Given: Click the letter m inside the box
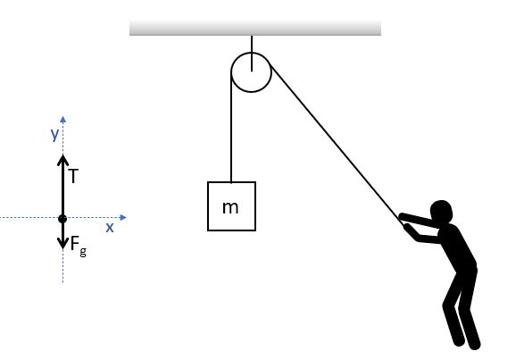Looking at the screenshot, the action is pos(230,208).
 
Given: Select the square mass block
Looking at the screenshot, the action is pos(231,206).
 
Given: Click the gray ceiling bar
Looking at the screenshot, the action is pos(255,28).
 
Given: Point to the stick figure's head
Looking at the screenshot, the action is pos(442,212).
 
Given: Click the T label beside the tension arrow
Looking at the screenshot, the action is pos(74,176).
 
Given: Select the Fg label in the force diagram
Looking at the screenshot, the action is pos(79,246).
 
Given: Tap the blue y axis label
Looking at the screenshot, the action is pos(54,134).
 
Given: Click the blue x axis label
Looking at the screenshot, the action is pos(110,228).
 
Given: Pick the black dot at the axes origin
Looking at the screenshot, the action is pos(62,219).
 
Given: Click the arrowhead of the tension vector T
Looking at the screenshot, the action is pos(62,159).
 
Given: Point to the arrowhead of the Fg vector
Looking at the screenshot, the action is pos(62,244).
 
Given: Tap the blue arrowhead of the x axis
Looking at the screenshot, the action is pos(123,217).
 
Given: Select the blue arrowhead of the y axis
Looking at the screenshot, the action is pos(62,120).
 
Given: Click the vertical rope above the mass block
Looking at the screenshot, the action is pos(231,127).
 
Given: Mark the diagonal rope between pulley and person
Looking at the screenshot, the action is pos(337,145).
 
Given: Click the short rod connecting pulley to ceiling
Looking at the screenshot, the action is pos(252,54).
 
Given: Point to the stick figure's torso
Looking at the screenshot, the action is pos(457,247).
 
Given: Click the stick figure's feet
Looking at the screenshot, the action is pos(467,343).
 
